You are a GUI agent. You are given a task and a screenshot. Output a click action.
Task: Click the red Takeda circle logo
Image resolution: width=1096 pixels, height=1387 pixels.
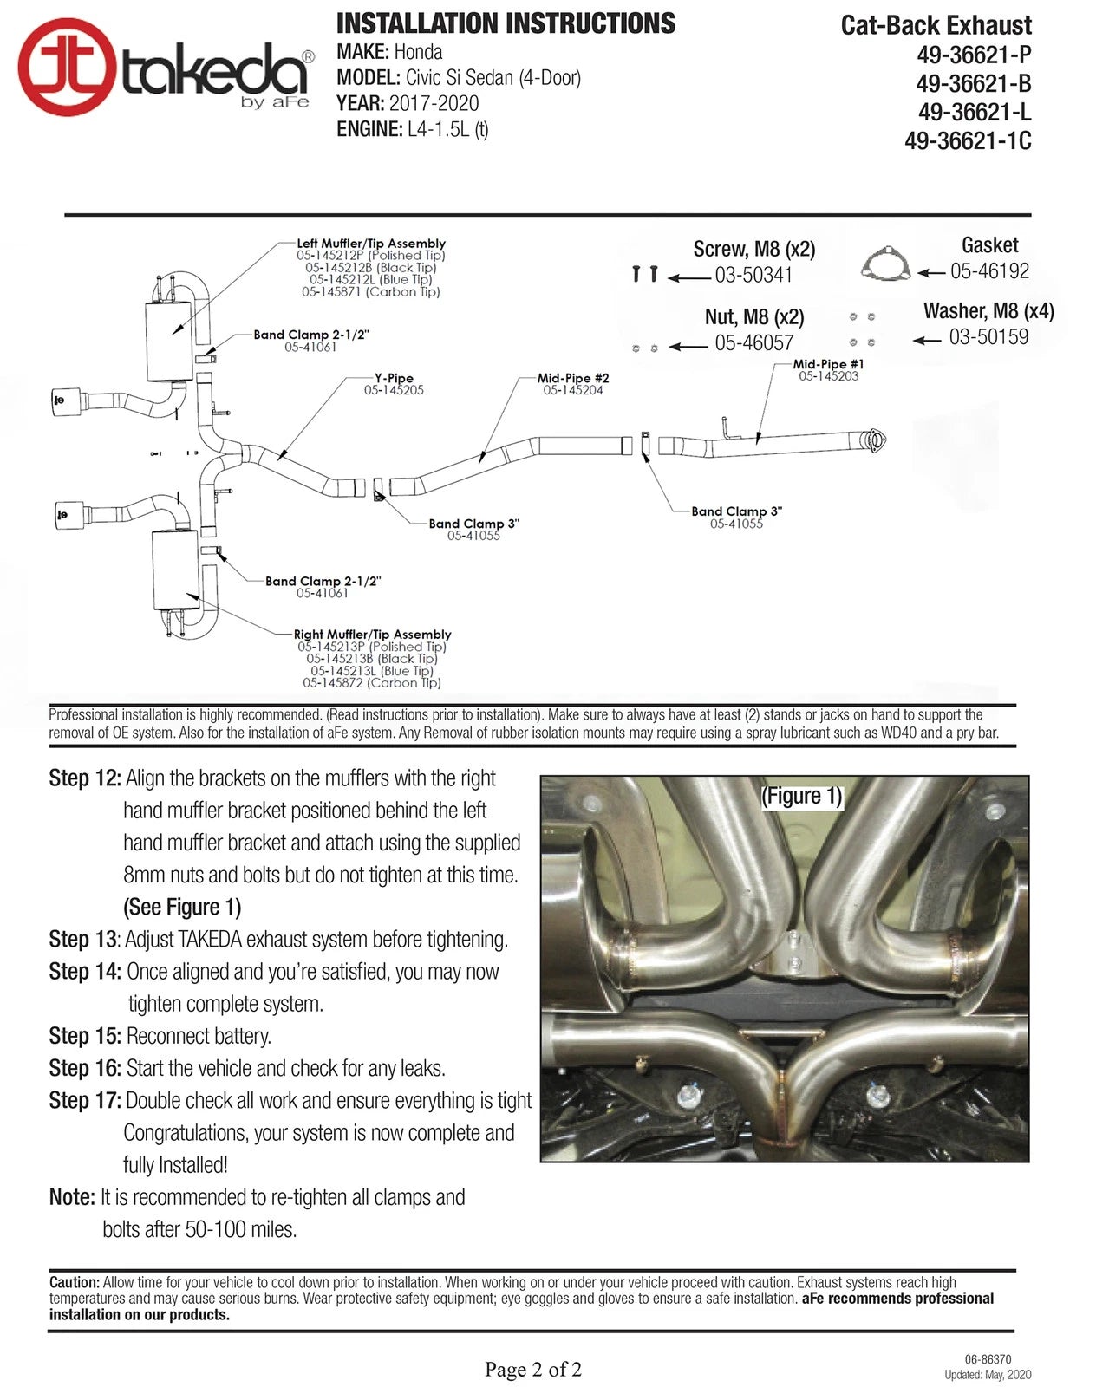click(x=67, y=67)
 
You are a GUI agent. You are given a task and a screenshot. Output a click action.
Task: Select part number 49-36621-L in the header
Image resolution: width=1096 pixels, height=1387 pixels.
click(x=975, y=113)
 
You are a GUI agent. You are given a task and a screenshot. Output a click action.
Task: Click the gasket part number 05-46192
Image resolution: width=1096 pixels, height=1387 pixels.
click(x=989, y=271)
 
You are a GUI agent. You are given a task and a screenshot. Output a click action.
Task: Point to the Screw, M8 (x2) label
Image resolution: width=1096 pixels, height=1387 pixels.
click(x=753, y=250)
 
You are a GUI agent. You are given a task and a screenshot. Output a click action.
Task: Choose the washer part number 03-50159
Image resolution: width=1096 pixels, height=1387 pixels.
click(x=988, y=337)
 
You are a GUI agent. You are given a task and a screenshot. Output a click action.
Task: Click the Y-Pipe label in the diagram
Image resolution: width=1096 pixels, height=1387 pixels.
click(x=394, y=378)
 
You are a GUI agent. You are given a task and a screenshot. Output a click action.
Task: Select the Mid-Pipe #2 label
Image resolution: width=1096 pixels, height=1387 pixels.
click(x=573, y=378)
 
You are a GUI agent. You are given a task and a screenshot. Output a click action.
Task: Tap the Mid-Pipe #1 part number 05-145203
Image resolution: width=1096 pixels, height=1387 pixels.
click(x=828, y=376)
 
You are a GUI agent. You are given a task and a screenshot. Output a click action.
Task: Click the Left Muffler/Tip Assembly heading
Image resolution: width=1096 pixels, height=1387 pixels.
click(x=371, y=244)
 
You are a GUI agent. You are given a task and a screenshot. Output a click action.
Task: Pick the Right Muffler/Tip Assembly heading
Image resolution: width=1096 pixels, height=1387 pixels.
click(x=372, y=635)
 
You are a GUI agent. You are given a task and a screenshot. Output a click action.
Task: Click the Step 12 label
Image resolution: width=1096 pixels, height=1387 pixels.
click(x=84, y=778)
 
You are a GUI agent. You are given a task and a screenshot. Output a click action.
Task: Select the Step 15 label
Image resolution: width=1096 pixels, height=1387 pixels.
click(x=84, y=1036)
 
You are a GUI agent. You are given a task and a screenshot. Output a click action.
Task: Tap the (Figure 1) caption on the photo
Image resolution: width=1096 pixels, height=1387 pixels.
click(x=801, y=796)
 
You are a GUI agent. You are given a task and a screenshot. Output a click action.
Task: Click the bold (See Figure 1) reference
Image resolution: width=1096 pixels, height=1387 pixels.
click(x=182, y=908)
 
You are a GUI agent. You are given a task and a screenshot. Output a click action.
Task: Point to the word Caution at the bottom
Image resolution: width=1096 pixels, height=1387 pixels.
click(x=75, y=1282)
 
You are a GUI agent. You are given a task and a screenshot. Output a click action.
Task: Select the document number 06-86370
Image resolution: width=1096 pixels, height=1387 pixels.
click(x=988, y=1359)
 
